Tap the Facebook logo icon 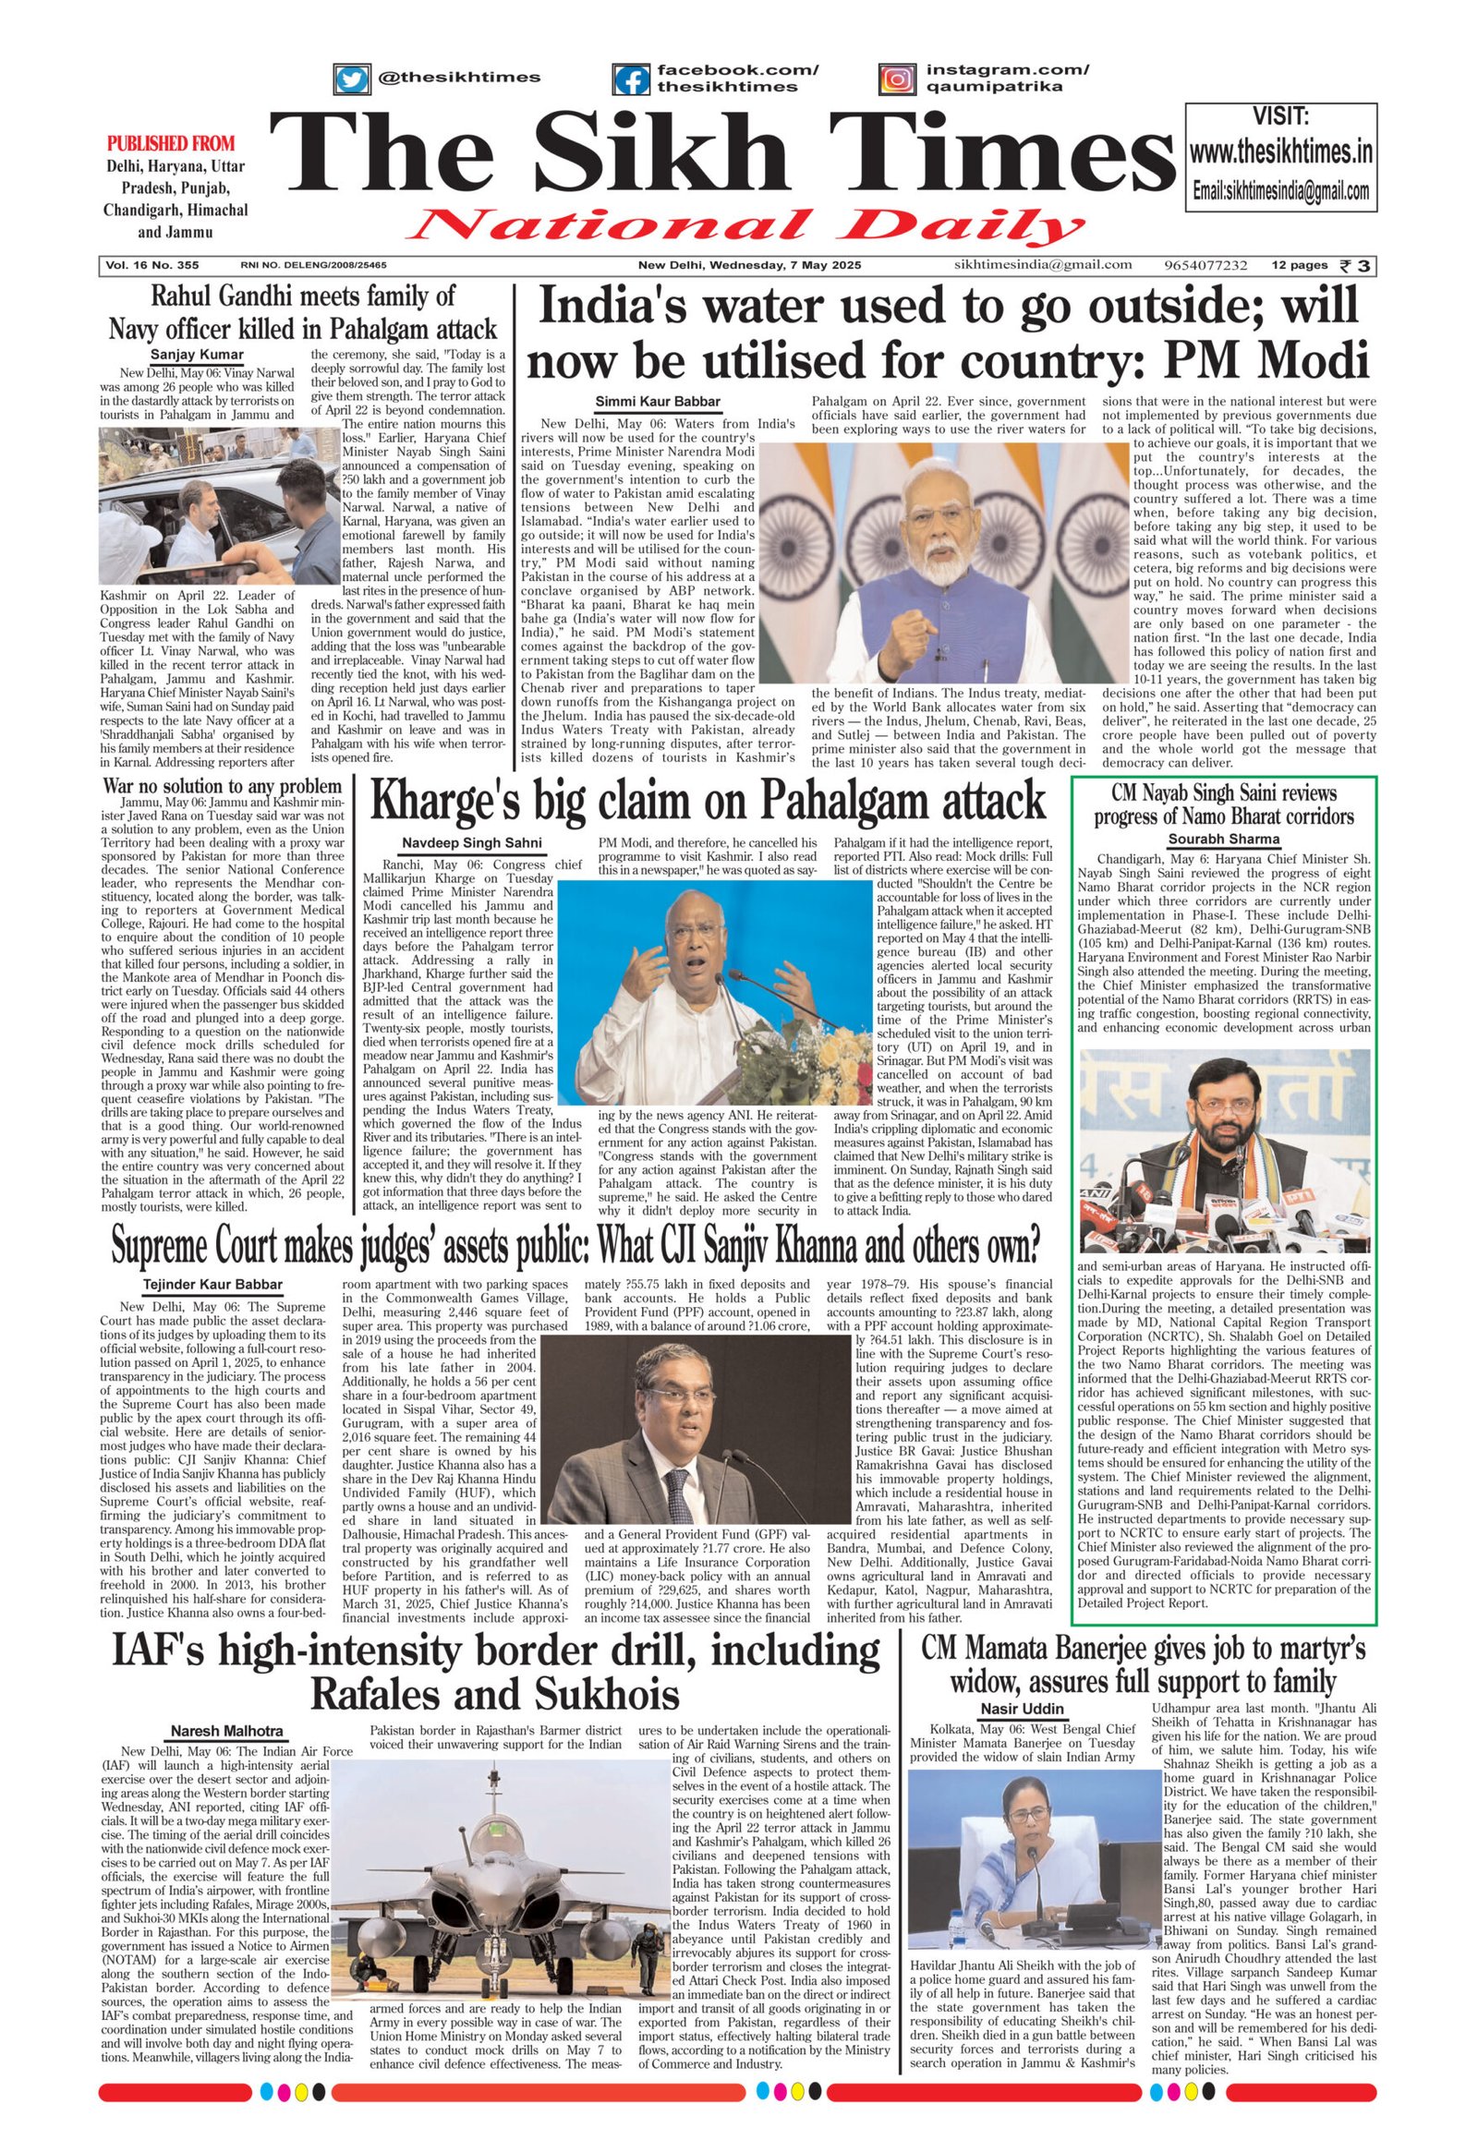(x=631, y=79)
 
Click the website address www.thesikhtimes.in (x=1279, y=151)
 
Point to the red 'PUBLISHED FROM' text (x=171, y=143)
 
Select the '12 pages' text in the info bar (x=1299, y=265)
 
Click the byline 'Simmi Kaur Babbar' (x=657, y=401)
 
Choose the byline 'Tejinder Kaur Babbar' (x=213, y=1285)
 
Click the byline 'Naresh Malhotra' (x=227, y=1731)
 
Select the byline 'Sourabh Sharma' (x=1222, y=839)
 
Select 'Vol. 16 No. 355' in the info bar (x=151, y=265)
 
